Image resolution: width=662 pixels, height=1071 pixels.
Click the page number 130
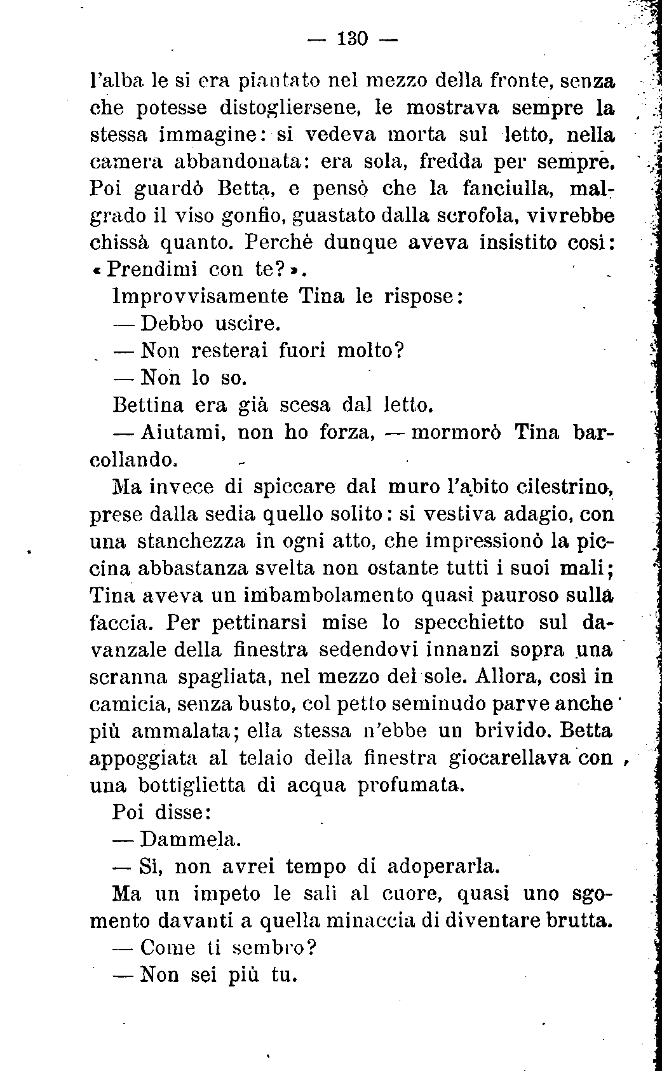353,39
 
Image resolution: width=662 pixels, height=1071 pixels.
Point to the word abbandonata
241,161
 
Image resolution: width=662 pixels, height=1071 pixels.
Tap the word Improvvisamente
200,296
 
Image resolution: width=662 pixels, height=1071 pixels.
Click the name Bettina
147,404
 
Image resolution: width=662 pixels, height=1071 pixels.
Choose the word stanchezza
191,542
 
